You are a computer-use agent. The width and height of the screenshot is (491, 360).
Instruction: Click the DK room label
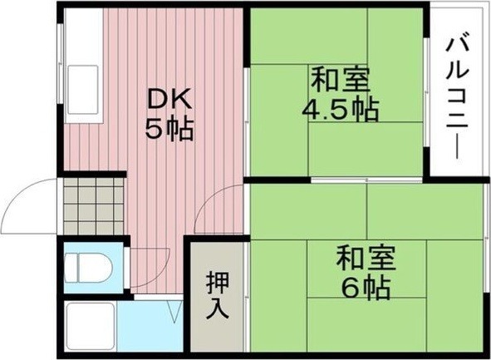click(169, 99)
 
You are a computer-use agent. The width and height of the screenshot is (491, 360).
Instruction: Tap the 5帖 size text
click(169, 129)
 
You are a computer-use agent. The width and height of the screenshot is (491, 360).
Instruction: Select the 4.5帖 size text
click(340, 111)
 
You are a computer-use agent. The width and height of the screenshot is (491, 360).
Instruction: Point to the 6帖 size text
click(366, 288)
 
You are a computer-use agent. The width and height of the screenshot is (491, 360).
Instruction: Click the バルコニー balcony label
click(458, 98)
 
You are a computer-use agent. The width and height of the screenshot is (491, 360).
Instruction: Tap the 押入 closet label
click(218, 295)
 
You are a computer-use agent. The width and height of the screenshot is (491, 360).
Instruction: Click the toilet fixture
click(88, 268)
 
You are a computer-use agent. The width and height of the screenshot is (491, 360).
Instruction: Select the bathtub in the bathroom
click(91, 327)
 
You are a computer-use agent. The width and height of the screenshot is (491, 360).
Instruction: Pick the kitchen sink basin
click(83, 90)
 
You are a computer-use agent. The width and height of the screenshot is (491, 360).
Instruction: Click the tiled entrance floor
click(94, 206)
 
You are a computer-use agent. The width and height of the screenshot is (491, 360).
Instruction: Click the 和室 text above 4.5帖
click(340, 80)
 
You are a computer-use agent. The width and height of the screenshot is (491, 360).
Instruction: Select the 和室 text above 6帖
click(366, 259)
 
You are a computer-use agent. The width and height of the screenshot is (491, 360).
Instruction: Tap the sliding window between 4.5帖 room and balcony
click(426, 91)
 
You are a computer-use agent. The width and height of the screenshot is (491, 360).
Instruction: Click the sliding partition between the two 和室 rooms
click(366, 180)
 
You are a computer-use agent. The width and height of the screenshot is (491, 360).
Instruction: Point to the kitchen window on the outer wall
click(61, 64)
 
